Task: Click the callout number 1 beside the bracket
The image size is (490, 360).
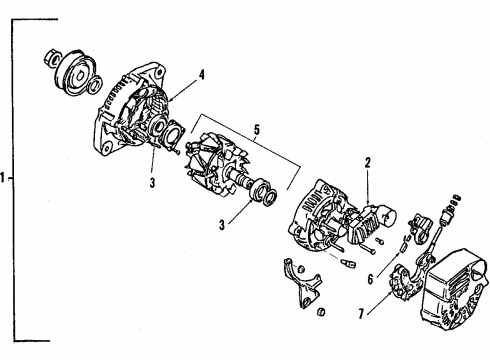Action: (7, 180)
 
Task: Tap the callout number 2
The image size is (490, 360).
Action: (367, 161)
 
